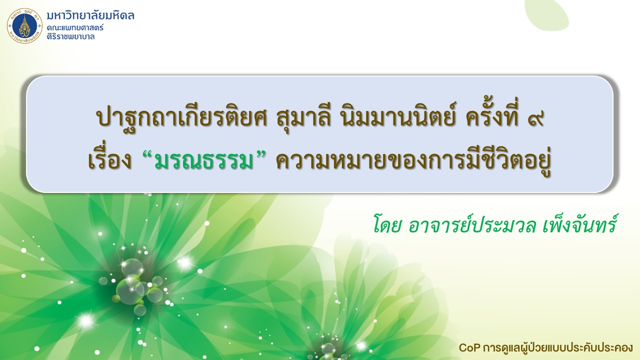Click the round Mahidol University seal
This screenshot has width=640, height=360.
pos(24,25)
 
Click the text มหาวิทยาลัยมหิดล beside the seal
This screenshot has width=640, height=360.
pos(90,15)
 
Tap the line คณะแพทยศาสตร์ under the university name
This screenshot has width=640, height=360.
pos(75,28)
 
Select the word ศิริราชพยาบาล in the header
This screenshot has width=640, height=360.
pos(70,36)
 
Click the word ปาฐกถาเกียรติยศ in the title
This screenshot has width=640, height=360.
pos(181,117)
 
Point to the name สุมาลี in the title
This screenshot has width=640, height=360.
pos(303,117)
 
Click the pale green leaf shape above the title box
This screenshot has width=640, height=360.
pos(547,14)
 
